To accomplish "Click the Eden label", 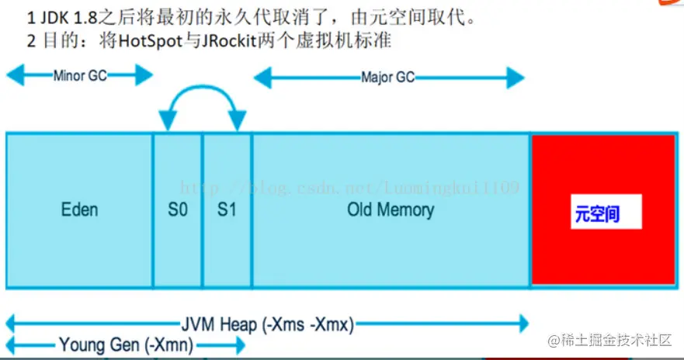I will coord(80,210).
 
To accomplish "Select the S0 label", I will coord(178,210).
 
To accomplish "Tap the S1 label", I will coord(226,210).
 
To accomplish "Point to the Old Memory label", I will coord(391,209).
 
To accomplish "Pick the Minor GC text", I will coord(80,76).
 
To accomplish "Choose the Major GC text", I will coord(388,77).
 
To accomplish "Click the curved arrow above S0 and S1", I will coord(202,94).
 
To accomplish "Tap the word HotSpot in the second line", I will coord(157,42).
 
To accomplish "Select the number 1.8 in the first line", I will coord(85,16).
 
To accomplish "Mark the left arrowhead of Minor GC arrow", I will coord(12,76).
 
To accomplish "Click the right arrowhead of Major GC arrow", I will coord(519,77).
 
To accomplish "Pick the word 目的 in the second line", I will coord(57,42).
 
